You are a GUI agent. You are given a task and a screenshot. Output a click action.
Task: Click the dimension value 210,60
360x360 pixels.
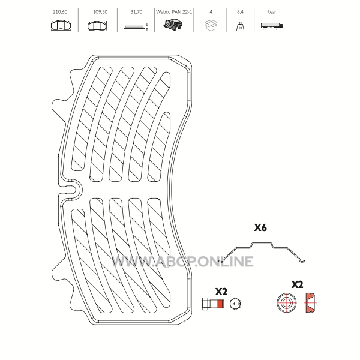click(x=60, y=12)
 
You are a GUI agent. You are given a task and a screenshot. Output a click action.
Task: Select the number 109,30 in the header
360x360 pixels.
click(x=100, y=12)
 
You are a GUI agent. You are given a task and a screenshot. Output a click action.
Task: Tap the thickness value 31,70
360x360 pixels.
click(x=136, y=12)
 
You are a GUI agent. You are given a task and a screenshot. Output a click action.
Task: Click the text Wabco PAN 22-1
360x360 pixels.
click(x=174, y=12)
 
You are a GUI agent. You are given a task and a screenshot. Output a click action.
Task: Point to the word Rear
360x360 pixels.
click(x=272, y=12)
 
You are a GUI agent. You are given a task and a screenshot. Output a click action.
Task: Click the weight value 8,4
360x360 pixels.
click(x=240, y=12)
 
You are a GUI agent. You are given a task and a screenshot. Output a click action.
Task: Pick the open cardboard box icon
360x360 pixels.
click(x=211, y=25)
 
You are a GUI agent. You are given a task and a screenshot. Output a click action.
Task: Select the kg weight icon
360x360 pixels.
click(x=240, y=26)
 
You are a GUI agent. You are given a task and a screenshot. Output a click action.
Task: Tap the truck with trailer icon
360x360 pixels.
click(x=272, y=26)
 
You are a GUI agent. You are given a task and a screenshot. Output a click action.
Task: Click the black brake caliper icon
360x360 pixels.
click(x=173, y=25)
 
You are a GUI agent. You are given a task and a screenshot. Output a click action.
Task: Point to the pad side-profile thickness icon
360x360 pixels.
click(x=134, y=27)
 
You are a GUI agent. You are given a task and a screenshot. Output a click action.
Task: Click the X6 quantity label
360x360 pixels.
click(x=260, y=227)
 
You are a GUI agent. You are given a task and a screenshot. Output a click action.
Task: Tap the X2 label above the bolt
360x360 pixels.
click(x=221, y=292)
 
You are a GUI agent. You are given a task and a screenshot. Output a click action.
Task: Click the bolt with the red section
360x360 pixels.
click(x=213, y=304)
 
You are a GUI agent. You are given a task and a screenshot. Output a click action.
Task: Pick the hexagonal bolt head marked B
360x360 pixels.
click(x=235, y=304)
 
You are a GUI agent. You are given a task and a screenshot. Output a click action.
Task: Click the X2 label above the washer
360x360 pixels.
click(x=297, y=284)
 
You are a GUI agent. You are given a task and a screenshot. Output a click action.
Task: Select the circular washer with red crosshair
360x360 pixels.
click(x=286, y=303)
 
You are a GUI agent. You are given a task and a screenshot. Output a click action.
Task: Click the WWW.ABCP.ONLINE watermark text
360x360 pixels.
click(x=182, y=262)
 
